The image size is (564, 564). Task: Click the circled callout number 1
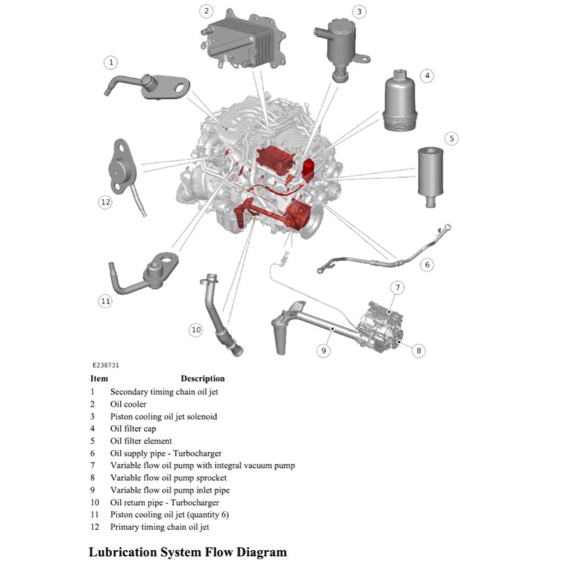click(111, 63)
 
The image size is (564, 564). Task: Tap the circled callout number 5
click(452, 139)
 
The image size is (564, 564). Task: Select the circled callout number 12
click(105, 202)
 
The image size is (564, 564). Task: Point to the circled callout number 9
click(324, 349)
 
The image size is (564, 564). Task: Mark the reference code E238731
click(106, 365)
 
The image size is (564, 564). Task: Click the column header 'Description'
click(203, 379)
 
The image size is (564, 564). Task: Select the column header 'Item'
click(99, 379)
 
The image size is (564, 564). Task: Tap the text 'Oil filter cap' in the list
click(133, 429)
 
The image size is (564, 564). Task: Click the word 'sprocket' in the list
click(209, 478)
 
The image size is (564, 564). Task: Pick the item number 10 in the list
click(95, 502)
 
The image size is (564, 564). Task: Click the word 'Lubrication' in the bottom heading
click(123, 551)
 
